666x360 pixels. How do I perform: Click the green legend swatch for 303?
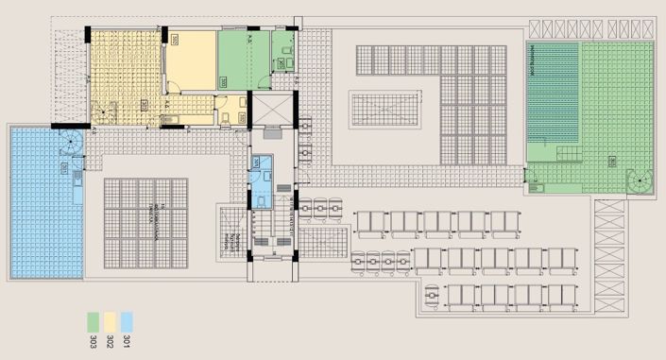pos(94,319)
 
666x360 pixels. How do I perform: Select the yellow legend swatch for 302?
pos(111,319)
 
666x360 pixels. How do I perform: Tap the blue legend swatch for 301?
pos(127,319)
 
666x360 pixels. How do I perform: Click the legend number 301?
pos(127,340)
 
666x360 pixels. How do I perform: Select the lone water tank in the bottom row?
pos(432,297)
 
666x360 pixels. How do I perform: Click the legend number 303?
pos(94,340)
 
